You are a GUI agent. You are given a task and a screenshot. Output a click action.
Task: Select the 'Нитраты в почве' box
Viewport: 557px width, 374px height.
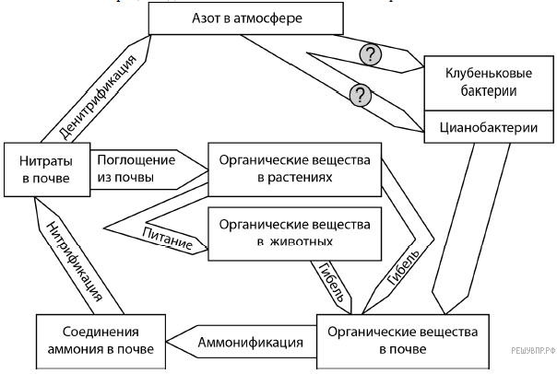click(x=46, y=169)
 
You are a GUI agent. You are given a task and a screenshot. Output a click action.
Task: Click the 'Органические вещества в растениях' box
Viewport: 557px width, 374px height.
click(x=293, y=169)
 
